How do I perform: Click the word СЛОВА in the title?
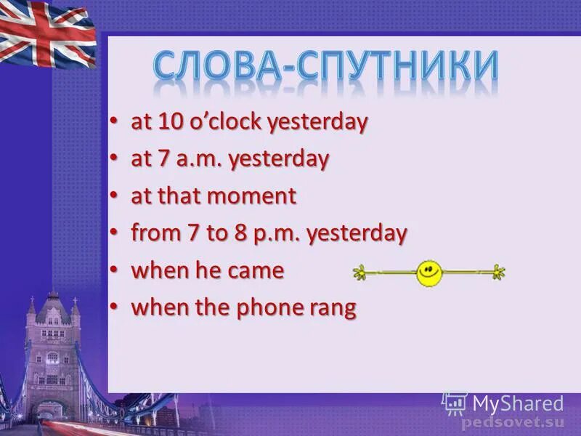pyautogui.click(x=220, y=66)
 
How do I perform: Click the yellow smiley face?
pyautogui.click(x=428, y=273)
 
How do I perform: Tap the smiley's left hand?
pyautogui.click(x=359, y=273)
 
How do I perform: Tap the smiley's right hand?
pyautogui.click(x=497, y=273)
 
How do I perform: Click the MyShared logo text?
pyautogui.click(x=517, y=404)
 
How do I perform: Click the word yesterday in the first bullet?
pyautogui.click(x=317, y=121)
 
